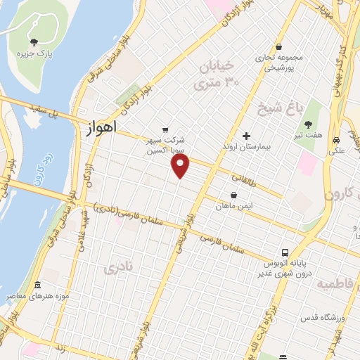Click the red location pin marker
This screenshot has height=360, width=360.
point(181,166)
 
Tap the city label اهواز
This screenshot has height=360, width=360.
point(101,129)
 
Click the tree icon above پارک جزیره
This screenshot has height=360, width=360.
point(35,43)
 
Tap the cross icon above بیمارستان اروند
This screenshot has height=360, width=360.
point(246,136)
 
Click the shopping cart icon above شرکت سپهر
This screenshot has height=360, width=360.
point(165,129)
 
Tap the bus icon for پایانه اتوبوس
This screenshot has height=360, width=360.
point(285,252)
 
